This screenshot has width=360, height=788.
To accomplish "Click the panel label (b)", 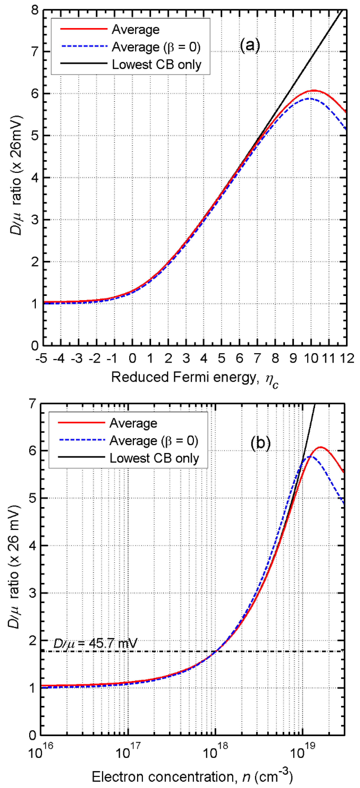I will click(260, 443).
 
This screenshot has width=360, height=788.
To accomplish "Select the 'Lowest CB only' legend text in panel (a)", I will click(156, 65).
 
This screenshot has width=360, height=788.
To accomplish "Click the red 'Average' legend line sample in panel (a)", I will click(83, 29).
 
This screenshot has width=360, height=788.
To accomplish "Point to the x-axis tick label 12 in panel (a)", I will click(347, 358).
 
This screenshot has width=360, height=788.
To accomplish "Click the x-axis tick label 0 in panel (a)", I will click(132, 358).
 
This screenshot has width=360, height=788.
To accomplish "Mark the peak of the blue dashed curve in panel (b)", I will click(310, 457).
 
